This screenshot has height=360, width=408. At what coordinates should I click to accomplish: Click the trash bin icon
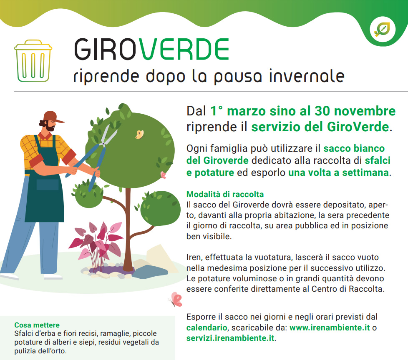point(33,61)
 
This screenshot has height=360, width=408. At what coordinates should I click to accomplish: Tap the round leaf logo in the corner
point(383,29)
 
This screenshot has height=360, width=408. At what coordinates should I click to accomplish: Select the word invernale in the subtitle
point(307,76)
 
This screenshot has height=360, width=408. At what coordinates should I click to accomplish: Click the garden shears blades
point(109,135)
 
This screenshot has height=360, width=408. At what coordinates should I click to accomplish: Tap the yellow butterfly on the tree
point(139,134)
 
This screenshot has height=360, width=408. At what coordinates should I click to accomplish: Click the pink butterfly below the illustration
point(176,300)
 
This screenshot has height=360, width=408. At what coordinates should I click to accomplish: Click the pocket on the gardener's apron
point(48,185)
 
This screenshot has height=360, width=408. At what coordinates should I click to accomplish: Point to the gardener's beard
point(50,127)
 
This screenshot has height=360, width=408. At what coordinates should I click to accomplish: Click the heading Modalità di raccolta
point(225,194)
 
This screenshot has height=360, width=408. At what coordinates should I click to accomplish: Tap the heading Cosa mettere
point(37,325)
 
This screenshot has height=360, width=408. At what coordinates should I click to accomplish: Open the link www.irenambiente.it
point(330,327)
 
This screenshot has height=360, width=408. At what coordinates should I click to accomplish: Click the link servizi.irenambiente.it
point(230,338)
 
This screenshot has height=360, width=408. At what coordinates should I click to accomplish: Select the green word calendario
point(207,327)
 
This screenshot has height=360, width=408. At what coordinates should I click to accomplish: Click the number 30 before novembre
point(322,111)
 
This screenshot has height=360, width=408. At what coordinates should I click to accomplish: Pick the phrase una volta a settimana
point(338,172)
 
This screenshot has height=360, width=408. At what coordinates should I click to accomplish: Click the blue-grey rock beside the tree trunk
point(150,272)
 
